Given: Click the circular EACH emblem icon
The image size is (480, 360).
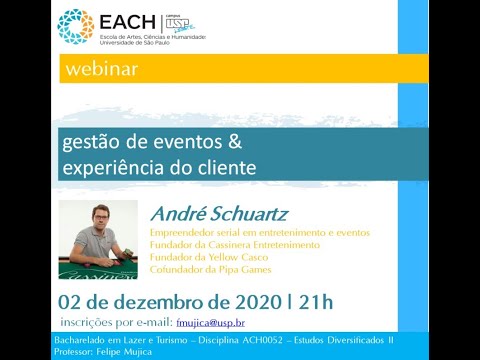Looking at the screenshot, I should click(x=75, y=27).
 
